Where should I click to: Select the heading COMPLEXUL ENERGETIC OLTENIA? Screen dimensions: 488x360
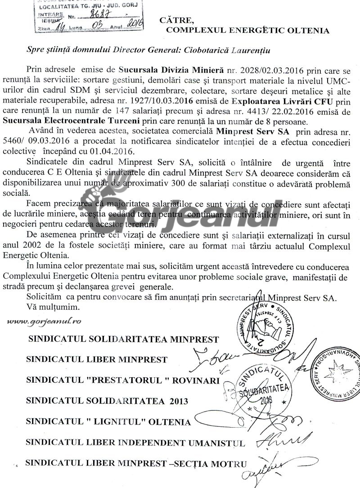point(247,31)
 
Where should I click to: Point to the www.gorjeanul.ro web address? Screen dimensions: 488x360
point(44,322)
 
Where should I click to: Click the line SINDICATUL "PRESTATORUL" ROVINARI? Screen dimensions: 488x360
point(123,369)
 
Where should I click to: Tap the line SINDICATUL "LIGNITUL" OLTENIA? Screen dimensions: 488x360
point(108,422)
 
